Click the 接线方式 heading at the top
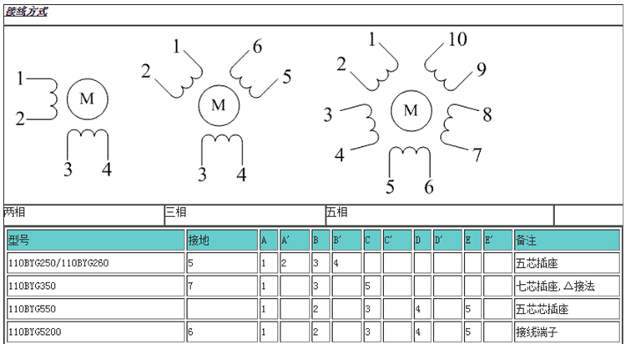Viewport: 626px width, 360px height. click(x=26, y=13)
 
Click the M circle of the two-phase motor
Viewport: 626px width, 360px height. click(x=86, y=99)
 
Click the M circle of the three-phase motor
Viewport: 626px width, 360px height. click(x=219, y=105)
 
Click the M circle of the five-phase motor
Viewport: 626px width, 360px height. click(x=410, y=110)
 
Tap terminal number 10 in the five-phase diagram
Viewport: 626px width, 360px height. click(x=457, y=39)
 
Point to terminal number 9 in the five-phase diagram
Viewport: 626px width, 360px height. click(x=481, y=69)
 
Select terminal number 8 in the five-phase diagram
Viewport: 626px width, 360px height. click(x=487, y=114)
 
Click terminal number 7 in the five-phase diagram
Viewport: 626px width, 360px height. click(x=477, y=155)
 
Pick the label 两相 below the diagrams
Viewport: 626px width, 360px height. click(x=15, y=212)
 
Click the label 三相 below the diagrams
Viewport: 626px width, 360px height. click(x=175, y=212)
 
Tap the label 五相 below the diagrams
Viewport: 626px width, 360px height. click(x=336, y=212)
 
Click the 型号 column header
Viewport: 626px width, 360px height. click(x=19, y=241)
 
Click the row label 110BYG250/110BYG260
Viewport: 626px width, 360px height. click(x=58, y=263)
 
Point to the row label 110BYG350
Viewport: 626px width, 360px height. click(x=30, y=286)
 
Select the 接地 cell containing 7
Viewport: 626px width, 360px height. click(x=191, y=286)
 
